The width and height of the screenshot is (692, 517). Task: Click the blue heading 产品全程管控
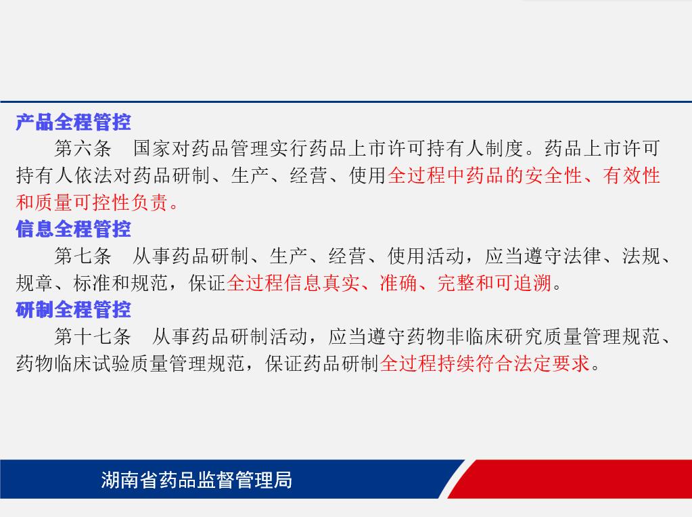73,122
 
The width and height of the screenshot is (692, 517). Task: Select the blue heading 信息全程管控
73,229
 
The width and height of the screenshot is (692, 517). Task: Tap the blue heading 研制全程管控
73,309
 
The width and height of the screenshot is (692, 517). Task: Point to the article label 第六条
83,148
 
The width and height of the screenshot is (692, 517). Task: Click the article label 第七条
83,256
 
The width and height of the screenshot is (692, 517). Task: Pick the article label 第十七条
93,336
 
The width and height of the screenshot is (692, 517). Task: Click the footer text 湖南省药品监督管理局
196,480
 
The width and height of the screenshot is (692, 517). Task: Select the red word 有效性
631,175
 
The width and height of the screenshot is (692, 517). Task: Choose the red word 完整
457,283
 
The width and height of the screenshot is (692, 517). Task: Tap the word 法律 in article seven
582,256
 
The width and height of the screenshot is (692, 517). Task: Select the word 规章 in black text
35,283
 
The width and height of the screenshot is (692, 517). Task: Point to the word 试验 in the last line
112,363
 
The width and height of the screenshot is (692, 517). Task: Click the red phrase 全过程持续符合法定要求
484,363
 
